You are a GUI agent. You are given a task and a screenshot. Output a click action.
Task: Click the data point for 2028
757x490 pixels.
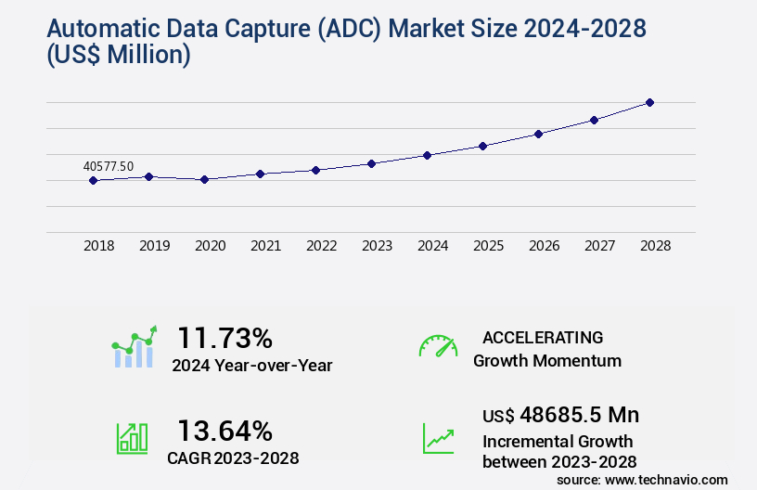[x=649, y=102]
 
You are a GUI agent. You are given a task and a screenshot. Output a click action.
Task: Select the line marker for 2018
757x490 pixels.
[x=93, y=180]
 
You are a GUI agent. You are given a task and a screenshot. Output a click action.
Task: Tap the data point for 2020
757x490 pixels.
[x=204, y=179]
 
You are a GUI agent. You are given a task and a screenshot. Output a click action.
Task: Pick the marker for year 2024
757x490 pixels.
[x=427, y=155]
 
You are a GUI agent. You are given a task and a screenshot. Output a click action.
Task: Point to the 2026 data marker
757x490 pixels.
[x=538, y=134]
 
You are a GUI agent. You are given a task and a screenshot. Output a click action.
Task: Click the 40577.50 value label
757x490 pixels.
[x=109, y=166]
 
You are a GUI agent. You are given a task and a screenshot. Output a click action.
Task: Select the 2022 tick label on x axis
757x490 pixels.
[x=321, y=246]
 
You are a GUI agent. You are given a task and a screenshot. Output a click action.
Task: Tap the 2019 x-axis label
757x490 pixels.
[x=154, y=246]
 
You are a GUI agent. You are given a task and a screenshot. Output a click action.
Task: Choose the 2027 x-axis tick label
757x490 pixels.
[x=599, y=246]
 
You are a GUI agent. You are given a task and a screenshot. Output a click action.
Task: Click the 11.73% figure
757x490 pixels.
[x=225, y=337]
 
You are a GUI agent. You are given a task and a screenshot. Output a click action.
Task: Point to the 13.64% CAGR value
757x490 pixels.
[x=225, y=431]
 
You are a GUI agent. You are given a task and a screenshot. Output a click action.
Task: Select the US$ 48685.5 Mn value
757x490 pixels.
[x=560, y=415]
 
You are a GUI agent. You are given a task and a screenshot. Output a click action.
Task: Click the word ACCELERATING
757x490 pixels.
[x=543, y=337]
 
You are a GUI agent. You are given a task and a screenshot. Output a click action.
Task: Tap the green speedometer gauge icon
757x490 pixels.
[x=438, y=346]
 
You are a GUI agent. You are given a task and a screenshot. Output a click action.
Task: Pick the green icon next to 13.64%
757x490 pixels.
[x=132, y=437]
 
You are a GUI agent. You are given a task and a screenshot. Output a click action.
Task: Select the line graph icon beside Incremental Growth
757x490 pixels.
[x=438, y=438]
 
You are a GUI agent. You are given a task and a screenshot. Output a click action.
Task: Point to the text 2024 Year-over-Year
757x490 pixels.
[x=251, y=365]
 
